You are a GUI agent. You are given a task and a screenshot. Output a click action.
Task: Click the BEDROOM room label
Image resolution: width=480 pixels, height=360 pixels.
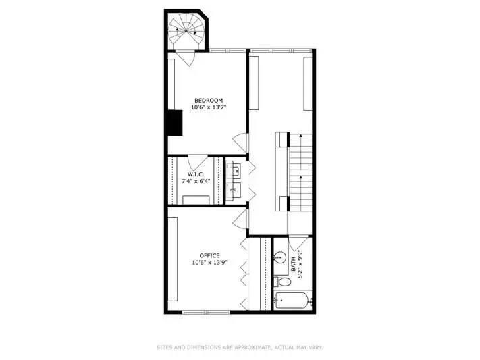[209, 100]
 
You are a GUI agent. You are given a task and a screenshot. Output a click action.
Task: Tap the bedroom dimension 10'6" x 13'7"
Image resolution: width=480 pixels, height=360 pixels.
[209, 107]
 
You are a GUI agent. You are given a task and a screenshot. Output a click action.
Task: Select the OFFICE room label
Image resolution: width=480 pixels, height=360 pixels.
[209, 255]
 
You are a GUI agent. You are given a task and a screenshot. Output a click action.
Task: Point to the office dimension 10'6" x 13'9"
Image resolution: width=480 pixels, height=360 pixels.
[210, 263]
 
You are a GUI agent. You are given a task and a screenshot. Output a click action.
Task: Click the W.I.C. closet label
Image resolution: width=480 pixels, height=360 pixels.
[196, 174]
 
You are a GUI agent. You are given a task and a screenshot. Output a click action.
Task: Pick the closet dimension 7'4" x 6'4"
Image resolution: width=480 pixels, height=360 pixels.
[196, 181]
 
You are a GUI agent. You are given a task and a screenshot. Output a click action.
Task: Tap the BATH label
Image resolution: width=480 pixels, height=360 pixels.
[293, 264]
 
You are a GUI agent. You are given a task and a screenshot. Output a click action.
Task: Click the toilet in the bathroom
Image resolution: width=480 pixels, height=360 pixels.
[282, 282]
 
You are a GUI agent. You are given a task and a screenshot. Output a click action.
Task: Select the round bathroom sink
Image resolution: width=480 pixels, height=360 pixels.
[279, 257]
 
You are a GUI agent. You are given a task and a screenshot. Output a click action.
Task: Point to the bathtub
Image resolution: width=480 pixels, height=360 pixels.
[292, 301]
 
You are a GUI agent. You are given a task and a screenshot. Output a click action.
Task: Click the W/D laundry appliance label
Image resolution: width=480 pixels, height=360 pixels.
[233, 190]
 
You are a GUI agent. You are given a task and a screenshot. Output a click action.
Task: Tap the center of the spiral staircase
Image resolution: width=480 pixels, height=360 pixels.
[186, 30]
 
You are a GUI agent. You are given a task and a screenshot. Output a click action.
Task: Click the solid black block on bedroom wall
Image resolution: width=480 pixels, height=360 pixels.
[175, 122]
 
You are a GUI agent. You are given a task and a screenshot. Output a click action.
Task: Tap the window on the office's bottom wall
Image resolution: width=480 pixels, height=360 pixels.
[206, 312]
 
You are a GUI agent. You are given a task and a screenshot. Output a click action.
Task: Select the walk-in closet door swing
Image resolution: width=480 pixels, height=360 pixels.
[197, 162]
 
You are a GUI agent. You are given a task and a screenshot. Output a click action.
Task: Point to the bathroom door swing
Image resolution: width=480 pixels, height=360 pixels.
[298, 242]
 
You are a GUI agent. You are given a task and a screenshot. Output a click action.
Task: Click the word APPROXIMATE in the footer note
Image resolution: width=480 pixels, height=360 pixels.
[252, 347]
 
